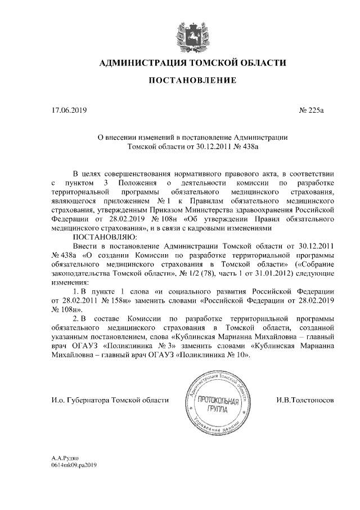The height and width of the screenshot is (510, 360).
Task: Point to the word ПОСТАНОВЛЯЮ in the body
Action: [x=101, y=237]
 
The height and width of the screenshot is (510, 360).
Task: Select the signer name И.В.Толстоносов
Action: [x=304, y=400]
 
